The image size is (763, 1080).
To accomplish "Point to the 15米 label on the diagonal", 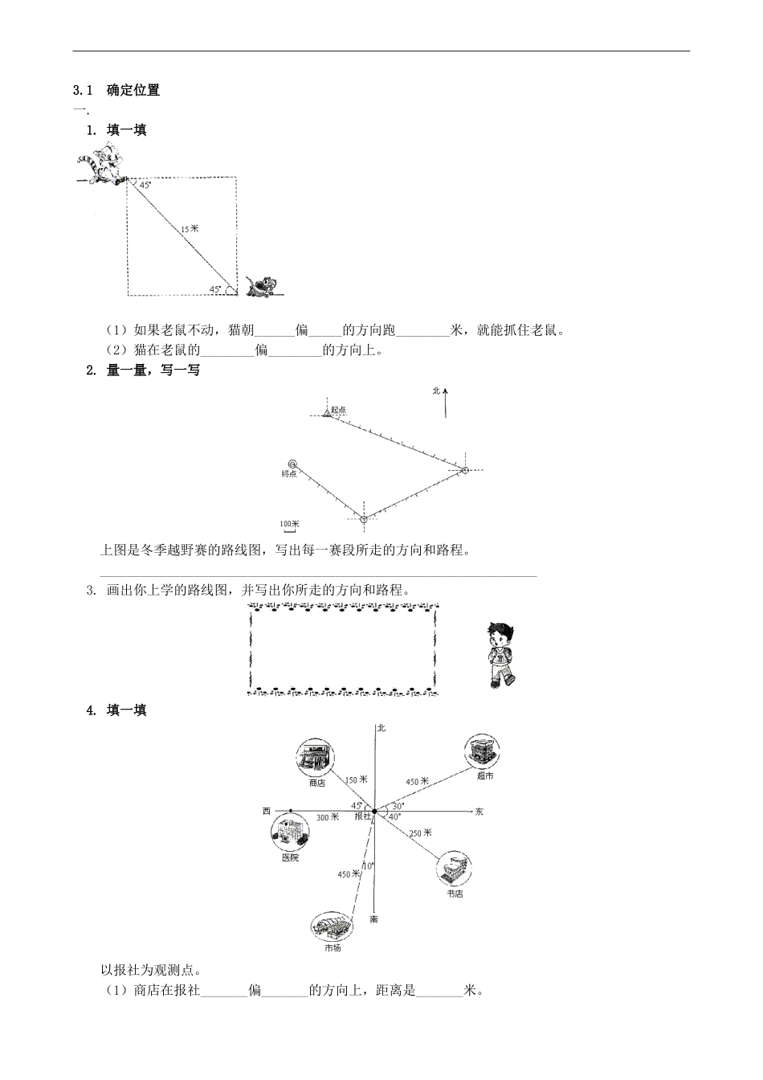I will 189,230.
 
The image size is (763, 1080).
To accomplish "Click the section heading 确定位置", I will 133,90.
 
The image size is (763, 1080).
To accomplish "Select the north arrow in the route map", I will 445,401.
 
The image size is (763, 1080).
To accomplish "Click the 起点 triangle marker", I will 327,413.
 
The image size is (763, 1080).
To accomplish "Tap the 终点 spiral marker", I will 293,464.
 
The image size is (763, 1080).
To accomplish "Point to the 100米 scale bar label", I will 288,524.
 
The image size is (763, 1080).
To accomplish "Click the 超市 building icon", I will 481,751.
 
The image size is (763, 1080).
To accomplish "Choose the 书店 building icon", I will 454,870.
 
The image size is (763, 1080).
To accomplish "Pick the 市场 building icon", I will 331,927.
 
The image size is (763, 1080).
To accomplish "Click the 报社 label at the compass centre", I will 363,816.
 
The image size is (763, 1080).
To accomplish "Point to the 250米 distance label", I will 421,832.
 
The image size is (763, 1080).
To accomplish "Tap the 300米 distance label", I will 328,817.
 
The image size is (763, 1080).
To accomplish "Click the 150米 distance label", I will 356,779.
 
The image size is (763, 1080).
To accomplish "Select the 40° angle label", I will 394,817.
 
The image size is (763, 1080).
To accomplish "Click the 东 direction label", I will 479,812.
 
